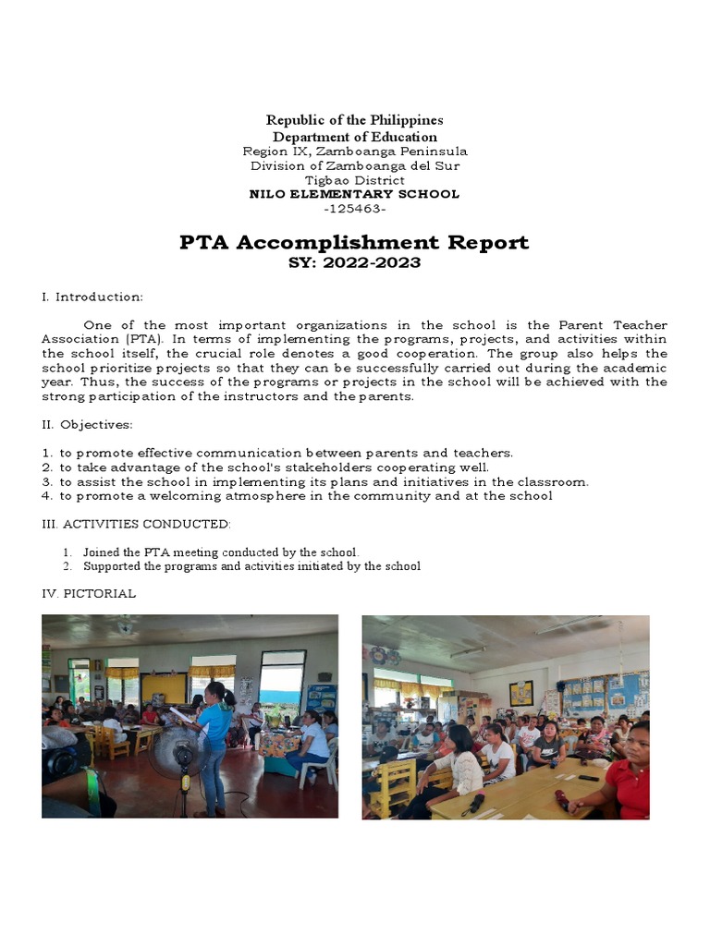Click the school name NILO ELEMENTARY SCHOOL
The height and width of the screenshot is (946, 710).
tap(354, 194)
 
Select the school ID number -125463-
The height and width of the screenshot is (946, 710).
tap(354, 209)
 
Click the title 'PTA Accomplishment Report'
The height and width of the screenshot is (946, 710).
tap(354, 243)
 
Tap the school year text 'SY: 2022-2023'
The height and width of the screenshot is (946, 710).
tap(354, 263)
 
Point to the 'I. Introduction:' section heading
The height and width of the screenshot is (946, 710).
tap(92, 297)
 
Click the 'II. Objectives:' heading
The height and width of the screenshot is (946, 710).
tap(87, 425)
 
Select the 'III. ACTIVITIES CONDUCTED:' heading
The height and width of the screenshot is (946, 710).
tap(136, 524)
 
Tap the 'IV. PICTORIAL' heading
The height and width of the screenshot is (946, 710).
tap(89, 593)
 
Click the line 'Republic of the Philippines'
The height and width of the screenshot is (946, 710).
tap(354, 120)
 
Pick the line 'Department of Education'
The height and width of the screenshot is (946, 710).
tap(354, 137)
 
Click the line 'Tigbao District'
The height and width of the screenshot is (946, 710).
tap(354, 180)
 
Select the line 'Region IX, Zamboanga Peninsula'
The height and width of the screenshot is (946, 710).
tap(354, 151)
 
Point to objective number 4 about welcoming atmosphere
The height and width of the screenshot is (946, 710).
tap(298, 496)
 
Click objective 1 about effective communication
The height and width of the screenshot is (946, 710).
tap(277, 453)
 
